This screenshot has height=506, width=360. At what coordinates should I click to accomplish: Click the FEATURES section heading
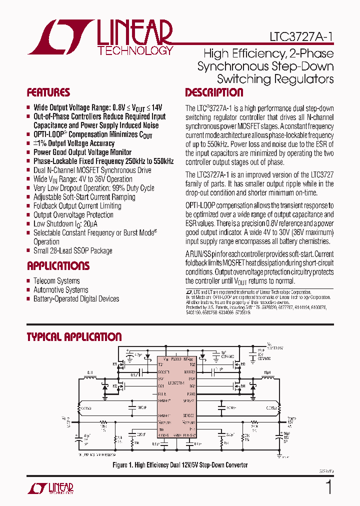click(x=48, y=92)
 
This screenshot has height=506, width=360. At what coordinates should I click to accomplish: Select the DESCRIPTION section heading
click(x=214, y=92)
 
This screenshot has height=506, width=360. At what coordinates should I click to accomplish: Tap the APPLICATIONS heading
click(x=58, y=265)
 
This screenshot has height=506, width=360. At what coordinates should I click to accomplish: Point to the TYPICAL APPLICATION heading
click(x=74, y=337)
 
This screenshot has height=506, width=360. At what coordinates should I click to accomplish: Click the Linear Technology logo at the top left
click(x=100, y=37)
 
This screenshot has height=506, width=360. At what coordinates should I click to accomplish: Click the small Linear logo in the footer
click(x=55, y=488)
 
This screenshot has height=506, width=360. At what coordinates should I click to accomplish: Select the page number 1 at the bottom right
click(x=328, y=487)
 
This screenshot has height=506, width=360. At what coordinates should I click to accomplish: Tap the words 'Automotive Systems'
click(x=60, y=290)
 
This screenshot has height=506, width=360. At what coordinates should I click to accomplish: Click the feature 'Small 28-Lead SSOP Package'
click(x=72, y=251)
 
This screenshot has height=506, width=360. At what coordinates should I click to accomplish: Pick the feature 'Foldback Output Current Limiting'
click(x=77, y=206)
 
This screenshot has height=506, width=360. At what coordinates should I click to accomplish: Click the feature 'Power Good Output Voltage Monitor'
click(x=82, y=152)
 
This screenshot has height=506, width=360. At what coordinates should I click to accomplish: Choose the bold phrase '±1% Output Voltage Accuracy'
click(x=73, y=143)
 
